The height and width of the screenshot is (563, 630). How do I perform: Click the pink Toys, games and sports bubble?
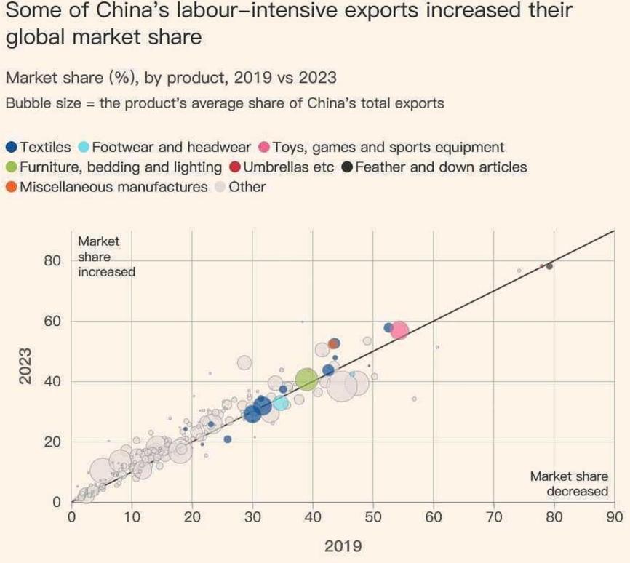tap(399, 330)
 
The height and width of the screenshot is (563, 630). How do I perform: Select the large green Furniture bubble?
tap(306, 379)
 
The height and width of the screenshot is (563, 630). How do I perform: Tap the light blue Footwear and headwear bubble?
tap(281, 403)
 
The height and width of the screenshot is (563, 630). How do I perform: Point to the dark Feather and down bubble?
tap(549, 266)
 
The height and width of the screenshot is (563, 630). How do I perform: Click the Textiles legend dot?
tap(11, 148)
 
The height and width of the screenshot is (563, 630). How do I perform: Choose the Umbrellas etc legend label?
tap(288, 167)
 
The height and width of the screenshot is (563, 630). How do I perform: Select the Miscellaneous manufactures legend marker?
tap(11, 187)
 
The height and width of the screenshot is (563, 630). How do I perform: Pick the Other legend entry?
tap(247, 187)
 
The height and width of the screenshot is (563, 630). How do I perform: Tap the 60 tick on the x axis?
tap(434, 518)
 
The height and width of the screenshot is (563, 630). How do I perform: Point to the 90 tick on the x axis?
tap(615, 518)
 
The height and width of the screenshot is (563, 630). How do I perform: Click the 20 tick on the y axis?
tap(52, 442)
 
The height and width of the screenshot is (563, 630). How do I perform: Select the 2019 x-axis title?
tap(342, 546)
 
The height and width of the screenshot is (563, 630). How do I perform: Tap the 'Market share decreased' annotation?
tap(568, 484)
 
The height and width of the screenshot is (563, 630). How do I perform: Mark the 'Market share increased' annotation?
tap(106, 256)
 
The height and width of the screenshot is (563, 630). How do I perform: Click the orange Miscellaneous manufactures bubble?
tap(333, 343)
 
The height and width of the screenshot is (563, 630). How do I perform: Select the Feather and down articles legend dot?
tap(348, 167)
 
